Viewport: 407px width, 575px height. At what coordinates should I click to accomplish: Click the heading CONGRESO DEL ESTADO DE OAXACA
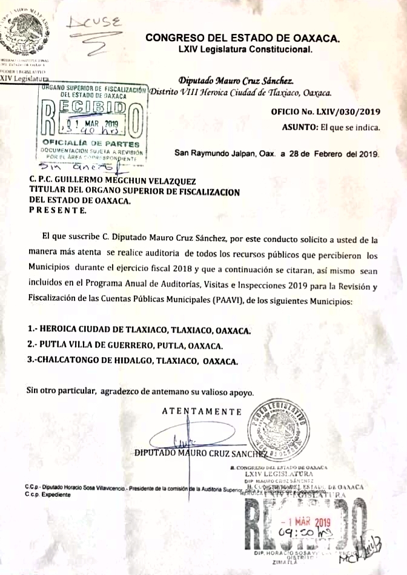[242, 38]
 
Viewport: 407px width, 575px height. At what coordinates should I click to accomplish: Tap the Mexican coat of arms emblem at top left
[24, 31]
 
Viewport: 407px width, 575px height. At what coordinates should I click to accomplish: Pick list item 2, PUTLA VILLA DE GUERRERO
[125, 346]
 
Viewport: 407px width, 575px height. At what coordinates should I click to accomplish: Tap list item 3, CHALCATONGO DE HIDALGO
[133, 361]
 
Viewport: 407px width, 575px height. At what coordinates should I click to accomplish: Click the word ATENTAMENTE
[202, 412]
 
